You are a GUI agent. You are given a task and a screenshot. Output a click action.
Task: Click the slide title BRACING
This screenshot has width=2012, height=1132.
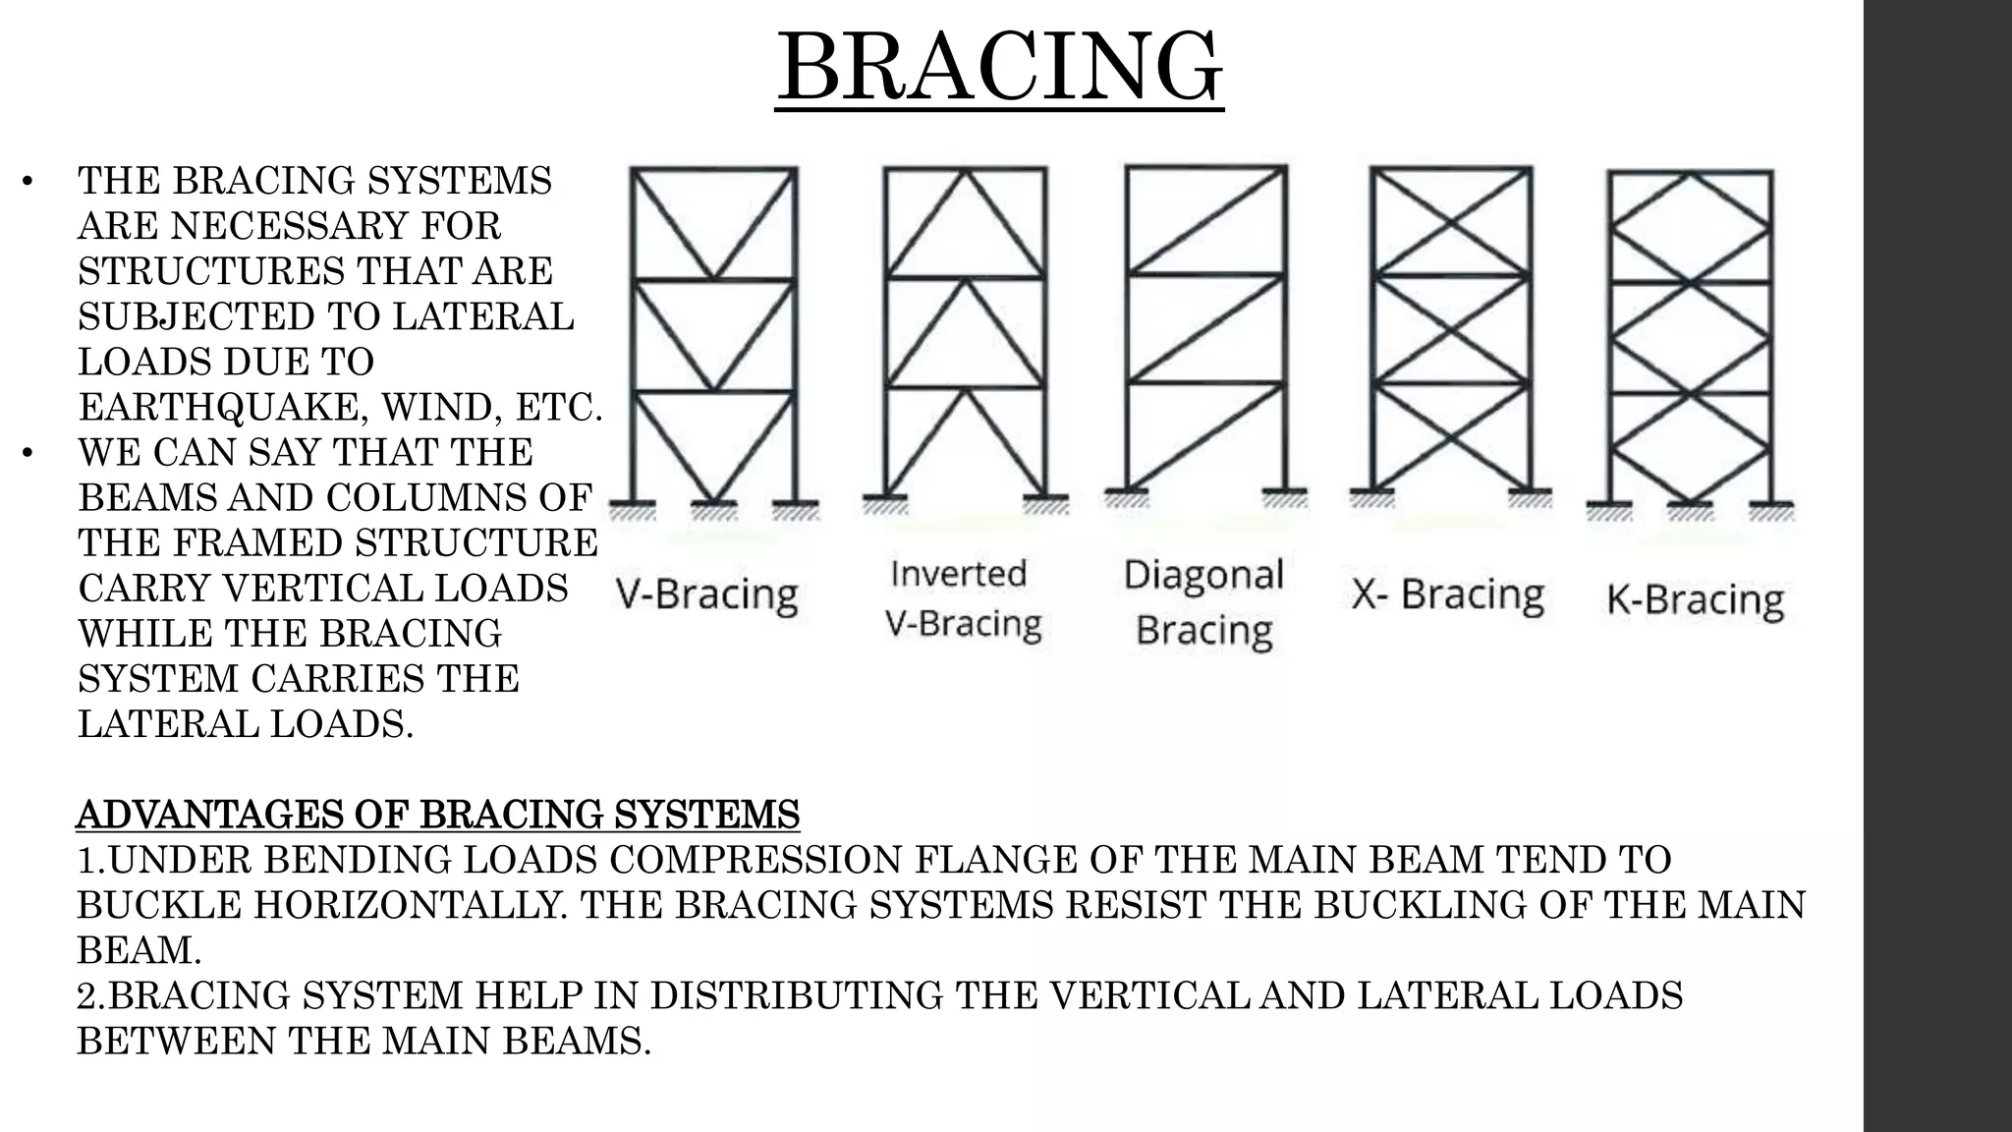(999, 67)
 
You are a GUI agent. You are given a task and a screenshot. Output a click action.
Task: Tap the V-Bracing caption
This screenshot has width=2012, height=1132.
(706, 594)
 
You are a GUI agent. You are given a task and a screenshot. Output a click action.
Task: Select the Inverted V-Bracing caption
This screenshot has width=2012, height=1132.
(962, 598)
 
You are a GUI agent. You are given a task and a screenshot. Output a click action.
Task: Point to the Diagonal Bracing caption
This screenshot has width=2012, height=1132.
(1203, 601)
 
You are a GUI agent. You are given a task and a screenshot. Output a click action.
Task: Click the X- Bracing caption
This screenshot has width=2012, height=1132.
(1447, 594)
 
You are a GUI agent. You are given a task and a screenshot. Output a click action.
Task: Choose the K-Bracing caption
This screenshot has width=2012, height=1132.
(1695, 599)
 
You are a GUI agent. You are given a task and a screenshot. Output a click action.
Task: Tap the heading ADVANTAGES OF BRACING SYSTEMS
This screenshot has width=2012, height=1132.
(438, 815)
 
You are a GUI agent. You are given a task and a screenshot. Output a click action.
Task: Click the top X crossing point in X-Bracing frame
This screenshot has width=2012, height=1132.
(1451, 221)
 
